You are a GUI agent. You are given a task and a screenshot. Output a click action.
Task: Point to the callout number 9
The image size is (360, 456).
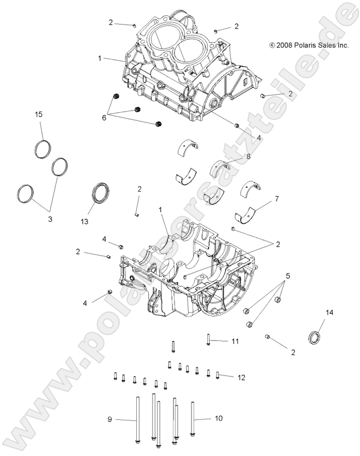coord(110,419)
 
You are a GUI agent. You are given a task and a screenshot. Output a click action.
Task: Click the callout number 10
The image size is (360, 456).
coord(218,419)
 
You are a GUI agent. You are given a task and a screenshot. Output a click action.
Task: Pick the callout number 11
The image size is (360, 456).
coord(235,341)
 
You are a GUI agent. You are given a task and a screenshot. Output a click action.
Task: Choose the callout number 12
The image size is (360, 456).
coord(241,377)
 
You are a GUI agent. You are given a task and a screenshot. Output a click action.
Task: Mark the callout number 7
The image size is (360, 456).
coord(276,199)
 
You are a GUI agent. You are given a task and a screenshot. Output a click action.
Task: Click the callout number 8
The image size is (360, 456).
coord(248,157)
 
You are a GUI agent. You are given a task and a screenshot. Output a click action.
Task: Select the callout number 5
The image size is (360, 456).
coord(287,276)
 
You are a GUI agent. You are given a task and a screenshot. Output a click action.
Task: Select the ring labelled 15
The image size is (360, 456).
coord(42,148)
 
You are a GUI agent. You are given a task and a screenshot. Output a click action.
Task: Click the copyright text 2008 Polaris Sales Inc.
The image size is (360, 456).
coord(309,46)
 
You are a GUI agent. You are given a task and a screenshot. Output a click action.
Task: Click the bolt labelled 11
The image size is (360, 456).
coord(208,340)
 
